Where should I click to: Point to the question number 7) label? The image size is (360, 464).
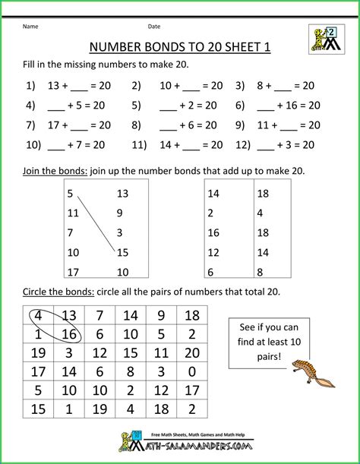coord(31,124)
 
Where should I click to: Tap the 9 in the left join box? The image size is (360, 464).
coord(120,213)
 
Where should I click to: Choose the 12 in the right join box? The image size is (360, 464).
coord(214,252)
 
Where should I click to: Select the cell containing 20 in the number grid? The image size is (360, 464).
coord(191,352)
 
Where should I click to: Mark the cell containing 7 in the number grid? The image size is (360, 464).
coord(99,315)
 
